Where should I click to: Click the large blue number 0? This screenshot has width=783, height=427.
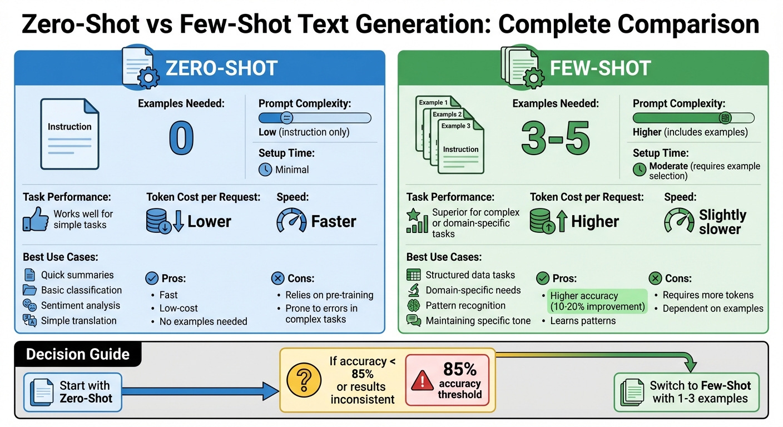[x=181, y=138]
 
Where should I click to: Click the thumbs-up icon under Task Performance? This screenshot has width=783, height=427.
[x=35, y=219]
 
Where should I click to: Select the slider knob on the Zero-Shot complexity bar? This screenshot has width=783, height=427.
[x=287, y=117]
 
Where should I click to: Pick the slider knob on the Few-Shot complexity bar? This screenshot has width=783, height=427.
[x=724, y=117]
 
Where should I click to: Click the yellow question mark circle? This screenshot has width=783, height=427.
[x=304, y=380]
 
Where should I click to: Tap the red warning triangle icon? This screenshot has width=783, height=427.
[x=422, y=381]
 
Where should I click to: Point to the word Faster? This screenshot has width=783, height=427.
[x=334, y=221]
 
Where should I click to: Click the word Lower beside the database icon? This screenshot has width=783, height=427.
[x=209, y=221]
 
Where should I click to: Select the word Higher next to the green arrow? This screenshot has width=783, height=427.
[x=594, y=221]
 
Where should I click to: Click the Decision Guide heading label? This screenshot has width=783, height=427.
[x=78, y=354]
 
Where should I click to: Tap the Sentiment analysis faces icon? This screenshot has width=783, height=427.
[x=29, y=305]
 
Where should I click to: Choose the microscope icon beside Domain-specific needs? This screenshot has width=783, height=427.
[x=413, y=290]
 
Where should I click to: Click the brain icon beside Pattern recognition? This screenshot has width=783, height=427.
[x=413, y=305]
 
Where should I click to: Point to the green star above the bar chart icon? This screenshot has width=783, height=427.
[x=413, y=214]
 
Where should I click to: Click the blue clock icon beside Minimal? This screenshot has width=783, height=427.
[x=265, y=170]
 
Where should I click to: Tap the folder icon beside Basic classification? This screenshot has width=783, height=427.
[x=29, y=290]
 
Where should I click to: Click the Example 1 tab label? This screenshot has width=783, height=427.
[x=432, y=103]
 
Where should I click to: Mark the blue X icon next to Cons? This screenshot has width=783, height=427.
[x=277, y=279]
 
